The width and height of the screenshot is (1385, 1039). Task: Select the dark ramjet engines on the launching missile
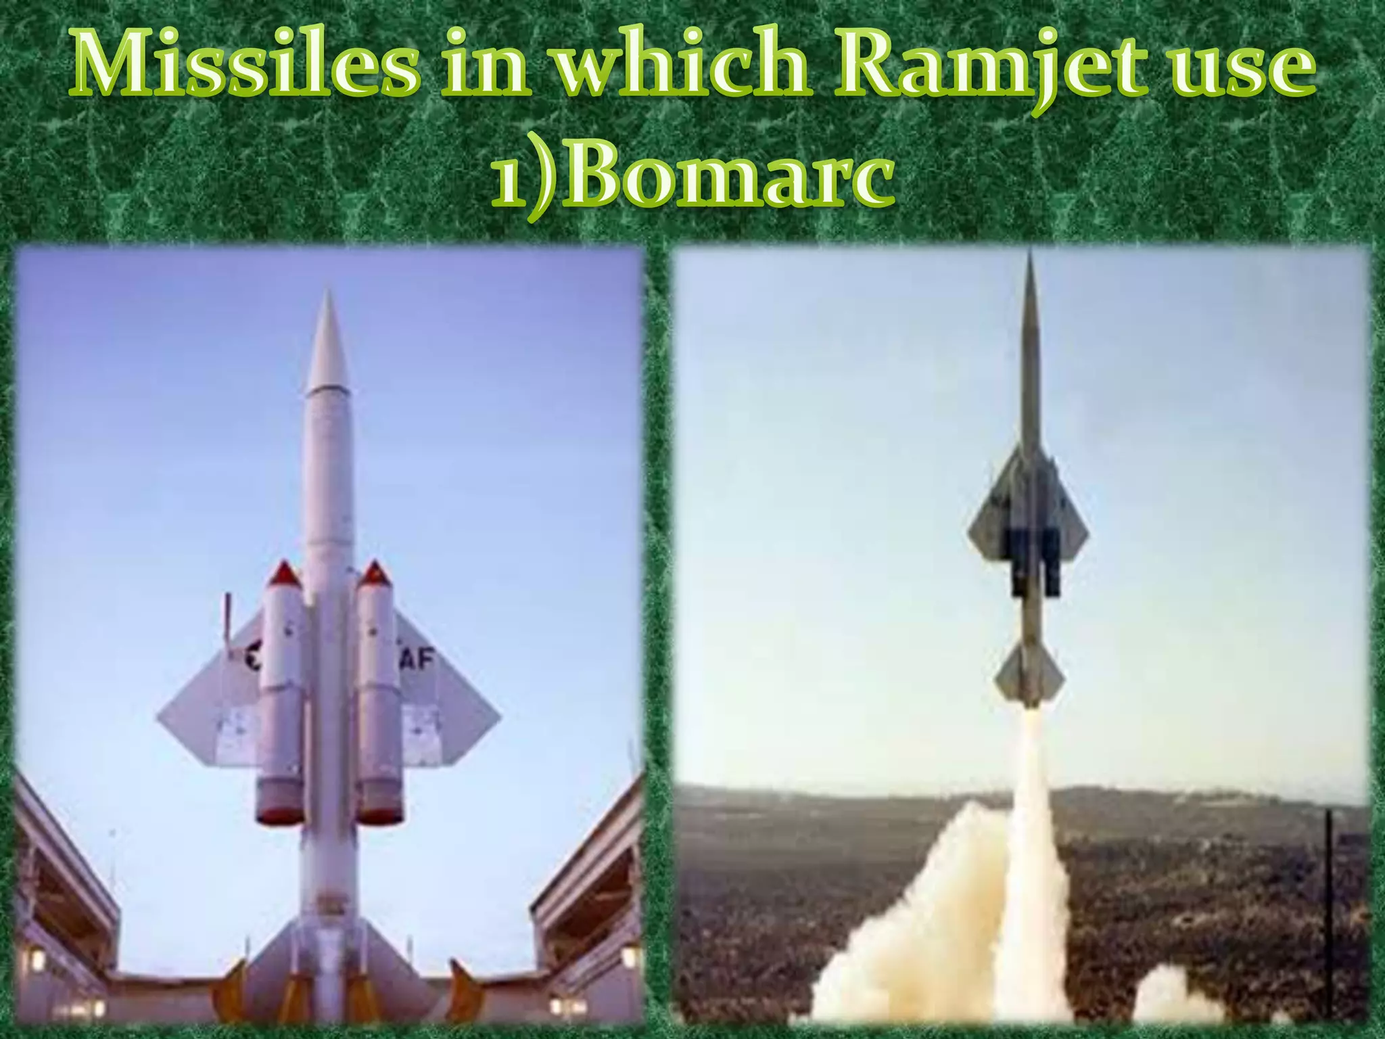click(x=1034, y=561)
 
